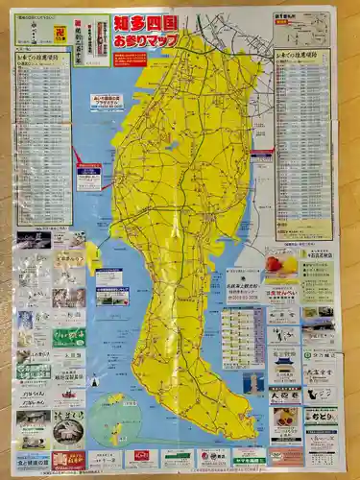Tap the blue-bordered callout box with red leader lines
107,101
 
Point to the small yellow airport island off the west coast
93,254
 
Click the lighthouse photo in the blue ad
252,383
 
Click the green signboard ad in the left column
68,337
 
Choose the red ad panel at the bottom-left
68,459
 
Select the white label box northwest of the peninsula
88,177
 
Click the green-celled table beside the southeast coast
242,337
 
